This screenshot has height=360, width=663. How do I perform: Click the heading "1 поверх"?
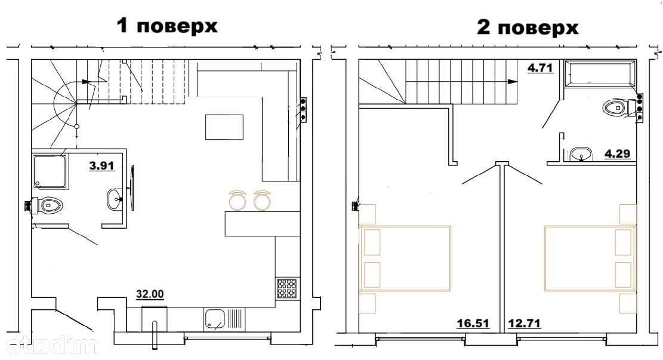(167, 26)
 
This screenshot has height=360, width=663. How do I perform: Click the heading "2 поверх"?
(528, 28)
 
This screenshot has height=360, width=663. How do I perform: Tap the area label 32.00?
(150, 294)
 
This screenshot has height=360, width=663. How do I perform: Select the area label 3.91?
(102, 165)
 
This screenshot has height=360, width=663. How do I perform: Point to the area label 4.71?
(541, 67)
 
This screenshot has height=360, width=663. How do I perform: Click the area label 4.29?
(617, 153)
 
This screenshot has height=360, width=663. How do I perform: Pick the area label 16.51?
(473, 324)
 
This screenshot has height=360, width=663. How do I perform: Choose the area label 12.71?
(524, 324)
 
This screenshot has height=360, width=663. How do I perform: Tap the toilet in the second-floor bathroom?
(620, 107)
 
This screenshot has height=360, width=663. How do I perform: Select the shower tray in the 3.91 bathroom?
(50, 172)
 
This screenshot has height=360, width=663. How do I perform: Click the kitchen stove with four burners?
(286, 289)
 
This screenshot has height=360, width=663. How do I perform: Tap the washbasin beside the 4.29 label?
(581, 154)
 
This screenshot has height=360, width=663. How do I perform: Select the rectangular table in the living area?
(224, 127)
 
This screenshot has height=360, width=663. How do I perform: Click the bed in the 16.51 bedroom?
(405, 259)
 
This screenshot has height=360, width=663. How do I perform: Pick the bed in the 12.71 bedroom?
(590, 259)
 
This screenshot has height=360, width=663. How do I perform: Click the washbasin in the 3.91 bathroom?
(115, 199)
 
